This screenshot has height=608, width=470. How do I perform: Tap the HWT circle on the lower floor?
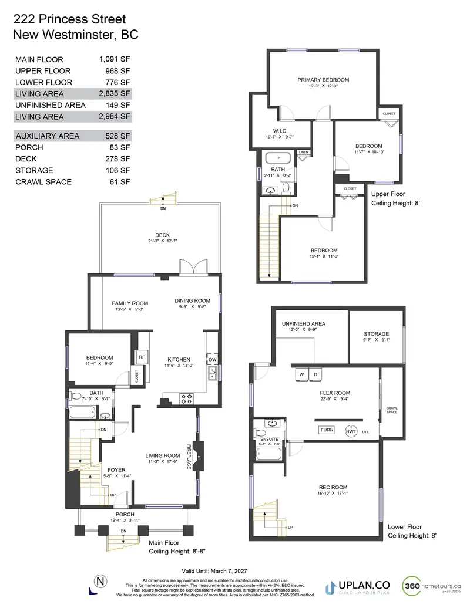point(351,431)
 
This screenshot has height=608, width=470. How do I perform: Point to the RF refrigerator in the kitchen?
point(142,357)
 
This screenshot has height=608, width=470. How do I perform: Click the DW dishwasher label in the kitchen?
point(212,359)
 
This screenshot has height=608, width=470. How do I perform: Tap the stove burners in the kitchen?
point(186,398)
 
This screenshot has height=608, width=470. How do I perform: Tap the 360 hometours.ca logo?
point(432,586)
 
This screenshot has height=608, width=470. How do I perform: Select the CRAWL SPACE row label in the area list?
point(43,181)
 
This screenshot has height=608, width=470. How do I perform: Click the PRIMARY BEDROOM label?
point(323,80)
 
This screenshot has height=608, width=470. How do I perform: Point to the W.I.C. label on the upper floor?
point(280,131)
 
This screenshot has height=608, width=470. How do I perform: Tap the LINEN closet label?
point(303,153)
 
